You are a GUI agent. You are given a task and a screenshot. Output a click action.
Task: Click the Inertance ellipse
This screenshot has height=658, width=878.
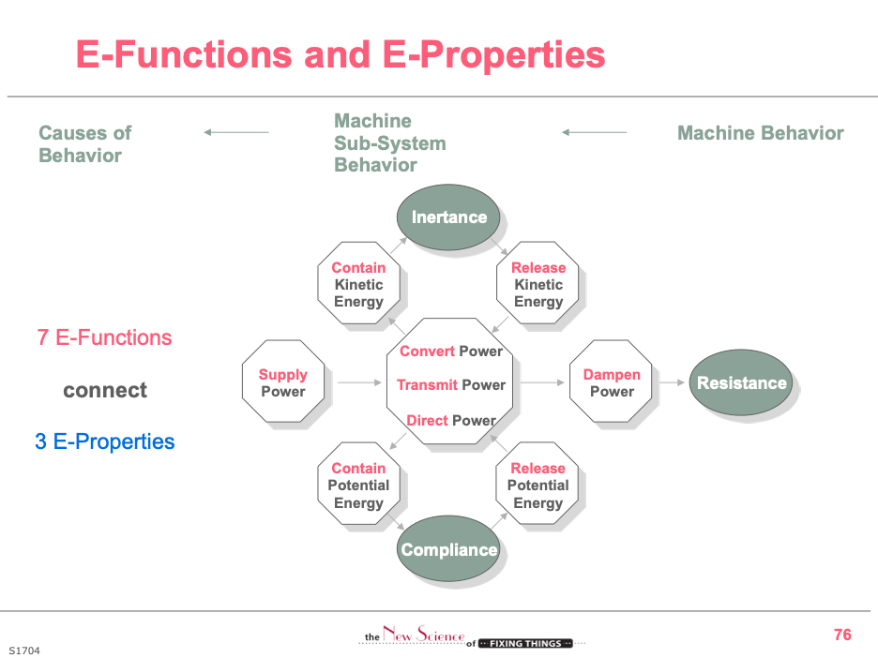coord(449,217)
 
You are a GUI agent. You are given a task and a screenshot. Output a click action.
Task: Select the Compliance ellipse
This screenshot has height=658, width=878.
coord(449,550)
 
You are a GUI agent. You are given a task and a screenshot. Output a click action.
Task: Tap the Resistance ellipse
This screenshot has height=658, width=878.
coord(741,382)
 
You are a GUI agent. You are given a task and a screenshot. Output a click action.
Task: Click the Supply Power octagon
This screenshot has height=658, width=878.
coord(283,382)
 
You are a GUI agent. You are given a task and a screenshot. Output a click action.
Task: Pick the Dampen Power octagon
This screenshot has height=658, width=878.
coord(612,382)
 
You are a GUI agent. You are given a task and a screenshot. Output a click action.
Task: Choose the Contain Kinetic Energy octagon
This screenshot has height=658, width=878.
coord(358,284)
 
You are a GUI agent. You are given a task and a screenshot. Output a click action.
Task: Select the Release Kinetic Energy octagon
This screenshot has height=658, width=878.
coord(538,284)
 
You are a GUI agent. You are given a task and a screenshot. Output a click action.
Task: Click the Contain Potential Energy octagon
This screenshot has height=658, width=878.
coord(358,485)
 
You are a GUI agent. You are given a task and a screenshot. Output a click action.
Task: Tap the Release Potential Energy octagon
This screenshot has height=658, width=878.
coord(538,485)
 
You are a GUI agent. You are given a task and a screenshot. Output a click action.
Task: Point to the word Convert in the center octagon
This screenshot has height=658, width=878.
coord(428,351)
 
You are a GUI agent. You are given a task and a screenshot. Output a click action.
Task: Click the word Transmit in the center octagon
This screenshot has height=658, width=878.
coord(427,385)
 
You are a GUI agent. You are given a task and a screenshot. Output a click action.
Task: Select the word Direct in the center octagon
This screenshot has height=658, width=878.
coord(427,420)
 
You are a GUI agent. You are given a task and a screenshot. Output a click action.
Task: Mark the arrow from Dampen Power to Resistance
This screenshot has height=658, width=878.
coord(671,382)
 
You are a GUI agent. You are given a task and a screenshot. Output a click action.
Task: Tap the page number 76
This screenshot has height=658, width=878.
coord(842,635)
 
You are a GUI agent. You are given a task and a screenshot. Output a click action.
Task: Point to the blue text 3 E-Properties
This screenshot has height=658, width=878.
coord(105,441)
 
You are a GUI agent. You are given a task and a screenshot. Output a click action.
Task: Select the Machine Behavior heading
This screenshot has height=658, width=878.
coord(760,133)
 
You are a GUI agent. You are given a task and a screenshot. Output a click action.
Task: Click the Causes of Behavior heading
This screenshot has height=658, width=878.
coord(84,144)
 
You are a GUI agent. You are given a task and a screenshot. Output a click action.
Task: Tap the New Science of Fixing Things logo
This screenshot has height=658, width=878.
coord(473,639)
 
